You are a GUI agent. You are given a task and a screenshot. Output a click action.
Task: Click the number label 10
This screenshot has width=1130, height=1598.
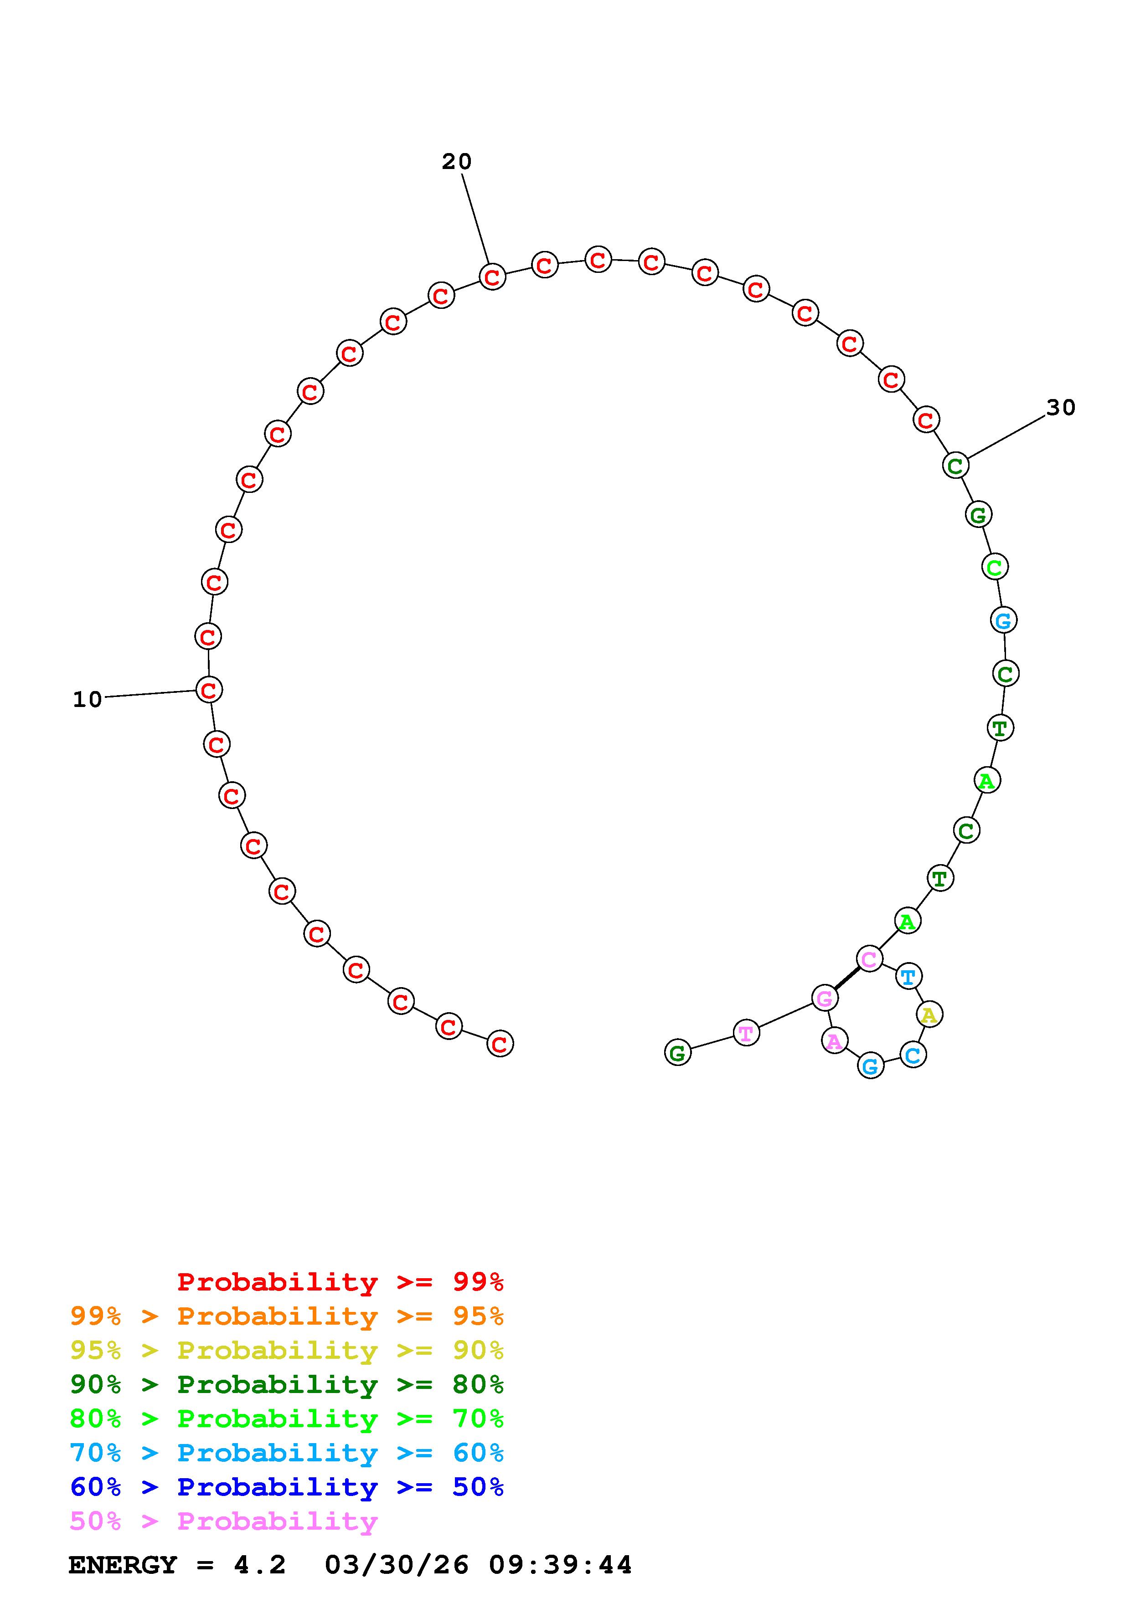(87, 699)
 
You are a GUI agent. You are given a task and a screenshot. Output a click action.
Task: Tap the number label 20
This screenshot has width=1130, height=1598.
(457, 161)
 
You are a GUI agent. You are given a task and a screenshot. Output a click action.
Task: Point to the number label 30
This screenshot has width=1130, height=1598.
(1061, 407)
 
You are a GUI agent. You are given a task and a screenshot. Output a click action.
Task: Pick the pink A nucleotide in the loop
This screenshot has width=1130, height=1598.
(834, 1041)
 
